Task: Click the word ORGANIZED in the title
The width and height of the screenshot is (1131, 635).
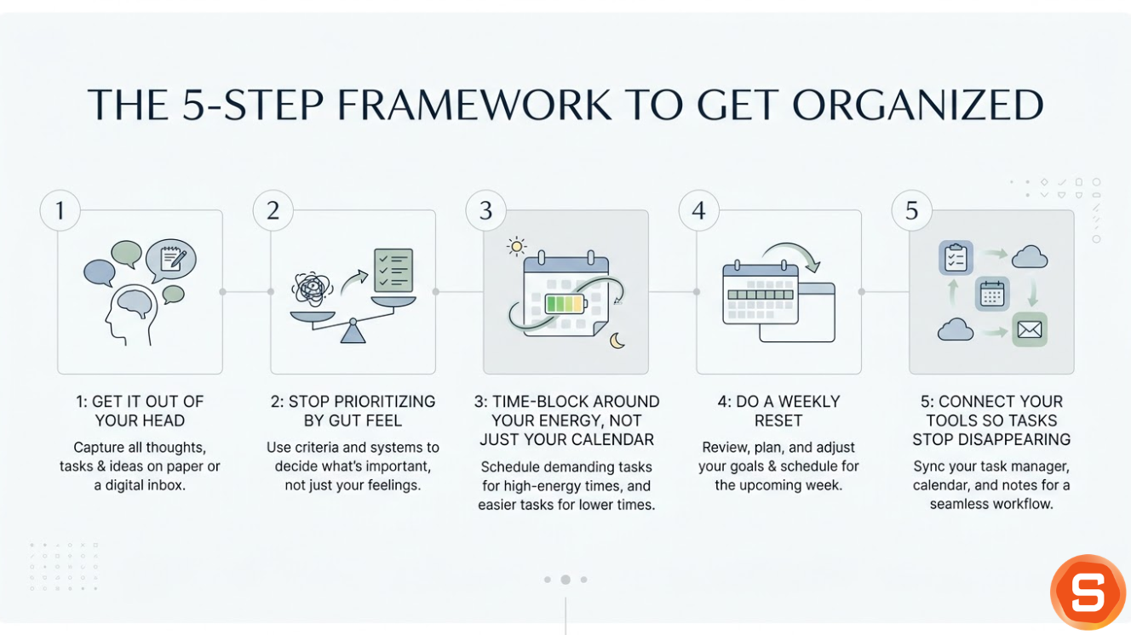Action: [918, 105]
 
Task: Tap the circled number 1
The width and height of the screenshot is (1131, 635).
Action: [60, 210]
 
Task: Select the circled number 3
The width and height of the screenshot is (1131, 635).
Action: [485, 210]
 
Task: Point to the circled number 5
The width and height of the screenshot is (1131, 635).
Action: [911, 210]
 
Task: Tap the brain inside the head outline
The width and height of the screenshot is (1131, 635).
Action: [135, 303]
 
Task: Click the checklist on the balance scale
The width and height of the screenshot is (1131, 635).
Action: [393, 272]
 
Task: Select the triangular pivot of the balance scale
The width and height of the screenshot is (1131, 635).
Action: [353, 331]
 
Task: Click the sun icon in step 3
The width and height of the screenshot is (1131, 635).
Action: [516, 247]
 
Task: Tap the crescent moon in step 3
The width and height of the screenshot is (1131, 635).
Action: [617, 340]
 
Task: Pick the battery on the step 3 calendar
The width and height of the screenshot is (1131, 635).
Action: [565, 304]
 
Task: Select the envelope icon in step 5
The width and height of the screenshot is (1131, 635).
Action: [1030, 329]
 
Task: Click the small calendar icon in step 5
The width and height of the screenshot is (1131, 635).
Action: [992, 294]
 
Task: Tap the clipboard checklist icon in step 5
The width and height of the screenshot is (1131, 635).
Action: [956, 257]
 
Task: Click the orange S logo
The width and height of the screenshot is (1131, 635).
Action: [1088, 592]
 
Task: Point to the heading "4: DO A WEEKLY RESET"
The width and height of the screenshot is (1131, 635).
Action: [778, 410]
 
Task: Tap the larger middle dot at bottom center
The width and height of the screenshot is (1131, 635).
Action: [565, 580]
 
